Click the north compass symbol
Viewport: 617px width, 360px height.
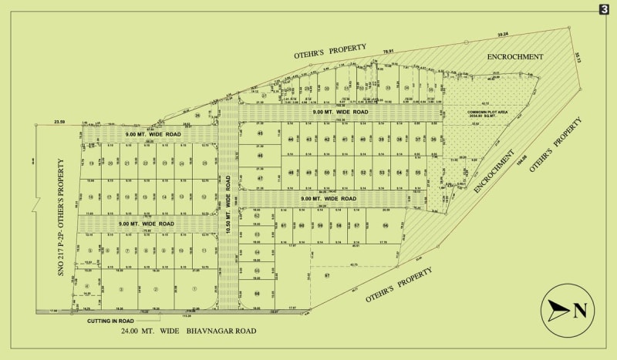tap(571, 310)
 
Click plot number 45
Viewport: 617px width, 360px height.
tap(261, 133)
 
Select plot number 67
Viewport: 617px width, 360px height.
tap(327, 275)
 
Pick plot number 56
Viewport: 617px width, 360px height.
tap(385, 225)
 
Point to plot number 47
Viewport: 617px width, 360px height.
tap(261, 178)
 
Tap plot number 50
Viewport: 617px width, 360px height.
tap(327, 172)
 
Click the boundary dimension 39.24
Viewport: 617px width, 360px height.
tap(503, 35)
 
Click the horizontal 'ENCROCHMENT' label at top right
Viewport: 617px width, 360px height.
tap(515, 57)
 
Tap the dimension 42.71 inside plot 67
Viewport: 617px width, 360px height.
tap(354, 264)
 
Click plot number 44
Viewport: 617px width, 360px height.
tap(291, 140)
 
